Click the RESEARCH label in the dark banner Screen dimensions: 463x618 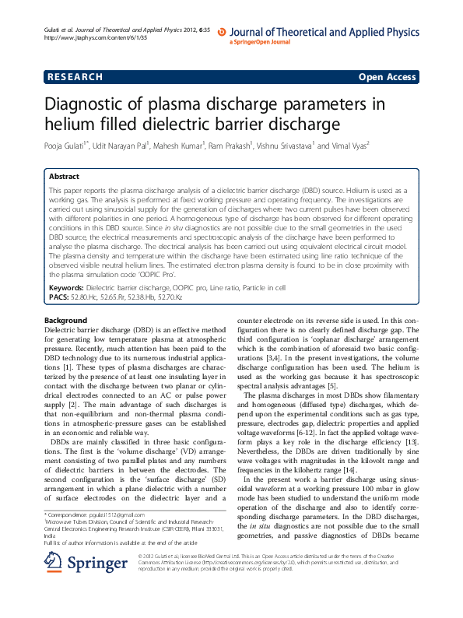pos(75,77)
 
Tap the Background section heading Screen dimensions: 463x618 pos(65,321)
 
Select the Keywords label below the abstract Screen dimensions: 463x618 pos(66,288)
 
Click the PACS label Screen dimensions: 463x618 pos(59,297)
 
